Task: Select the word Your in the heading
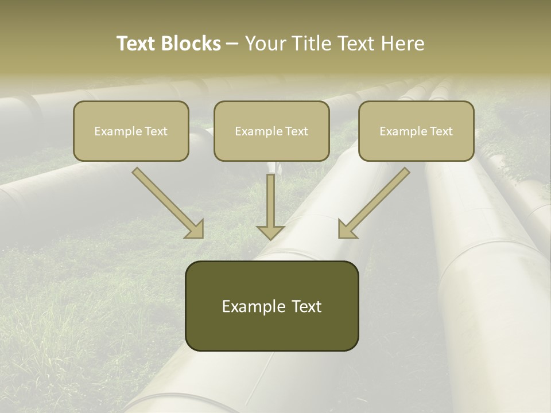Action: (266, 44)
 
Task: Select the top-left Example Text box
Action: (131, 131)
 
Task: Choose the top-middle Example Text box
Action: (271, 131)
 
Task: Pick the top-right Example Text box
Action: (416, 131)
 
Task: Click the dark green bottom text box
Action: (271, 306)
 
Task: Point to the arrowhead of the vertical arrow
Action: (270, 232)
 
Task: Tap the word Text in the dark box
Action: (306, 307)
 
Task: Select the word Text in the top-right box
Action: (441, 131)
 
